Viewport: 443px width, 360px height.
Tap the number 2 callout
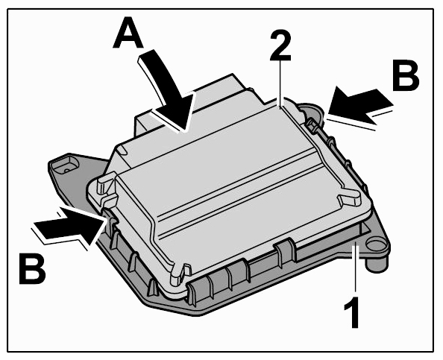[x=280, y=45]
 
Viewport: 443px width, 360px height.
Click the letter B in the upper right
[x=406, y=75]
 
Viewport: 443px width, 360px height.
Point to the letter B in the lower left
[x=33, y=269]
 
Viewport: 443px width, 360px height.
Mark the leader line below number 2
[x=280, y=84]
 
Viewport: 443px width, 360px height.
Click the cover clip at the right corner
[x=350, y=198]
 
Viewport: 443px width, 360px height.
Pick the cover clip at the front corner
[x=178, y=273]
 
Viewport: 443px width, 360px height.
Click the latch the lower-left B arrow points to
[x=110, y=219]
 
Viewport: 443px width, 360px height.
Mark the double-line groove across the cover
[x=237, y=193]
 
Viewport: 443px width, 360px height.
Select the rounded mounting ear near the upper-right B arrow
[x=313, y=111]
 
